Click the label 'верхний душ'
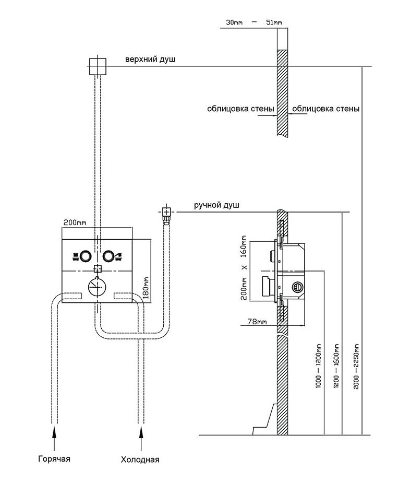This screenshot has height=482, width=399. pyautogui.click(x=150, y=60)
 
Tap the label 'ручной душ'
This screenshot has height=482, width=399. pyautogui.click(x=216, y=206)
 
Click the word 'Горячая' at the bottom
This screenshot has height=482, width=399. pyautogui.click(x=54, y=459)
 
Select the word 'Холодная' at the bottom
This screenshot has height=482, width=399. pyautogui.click(x=140, y=460)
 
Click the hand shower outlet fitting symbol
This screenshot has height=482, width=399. pyautogui.click(x=166, y=213)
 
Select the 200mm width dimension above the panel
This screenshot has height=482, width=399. pyautogui.click(x=75, y=222)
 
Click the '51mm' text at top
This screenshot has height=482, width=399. pyautogui.click(x=273, y=22)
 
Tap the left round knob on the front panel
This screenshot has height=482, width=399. pyautogui.click(x=86, y=256)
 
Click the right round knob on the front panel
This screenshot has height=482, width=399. pyautogui.click(x=108, y=256)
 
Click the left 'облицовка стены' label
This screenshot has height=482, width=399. pyautogui.click(x=240, y=109)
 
